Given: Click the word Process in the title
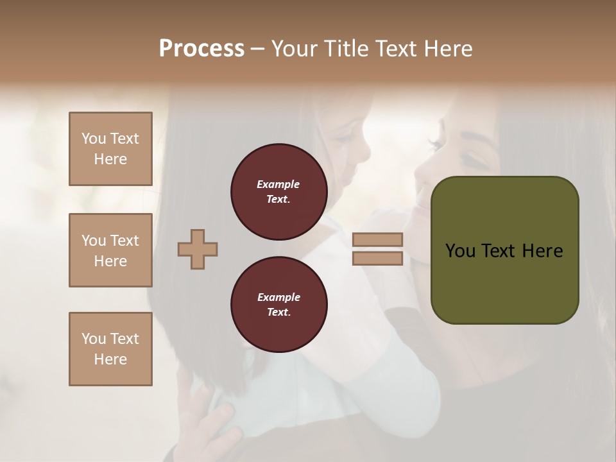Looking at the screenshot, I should click(201, 48).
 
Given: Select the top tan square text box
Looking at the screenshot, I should click(110, 149).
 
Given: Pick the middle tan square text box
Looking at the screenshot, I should click(110, 250).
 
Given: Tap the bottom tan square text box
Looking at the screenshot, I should click(110, 349).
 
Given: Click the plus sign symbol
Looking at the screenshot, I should click(198, 249).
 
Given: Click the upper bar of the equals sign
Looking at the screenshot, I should click(378, 239).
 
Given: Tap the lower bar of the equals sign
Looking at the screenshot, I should click(378, 258).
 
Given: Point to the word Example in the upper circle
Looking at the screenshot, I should click(278, 184).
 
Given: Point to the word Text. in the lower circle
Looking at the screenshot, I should click(278, 312).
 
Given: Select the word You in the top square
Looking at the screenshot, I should click(94, 139).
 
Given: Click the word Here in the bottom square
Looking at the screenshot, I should click(110, 359).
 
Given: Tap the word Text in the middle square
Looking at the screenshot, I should click(124, 241).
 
